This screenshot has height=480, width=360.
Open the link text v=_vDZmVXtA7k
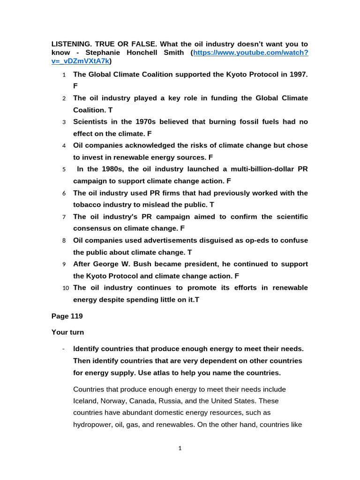click(x=80, y=61)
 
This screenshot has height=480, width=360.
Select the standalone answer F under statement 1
click(x=75, y=86)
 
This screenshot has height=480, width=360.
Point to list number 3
click(x=64, y=122)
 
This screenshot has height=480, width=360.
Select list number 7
click(x=64, y=217)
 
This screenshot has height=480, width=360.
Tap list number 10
click(x=65, y=288)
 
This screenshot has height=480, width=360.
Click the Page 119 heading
click(x=67, y=316)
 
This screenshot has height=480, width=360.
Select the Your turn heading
click(x=67, y=332)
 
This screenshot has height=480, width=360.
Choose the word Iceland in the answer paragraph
click(x=86, y=401)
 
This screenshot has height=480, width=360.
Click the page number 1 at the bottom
click(x=180, y=449)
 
